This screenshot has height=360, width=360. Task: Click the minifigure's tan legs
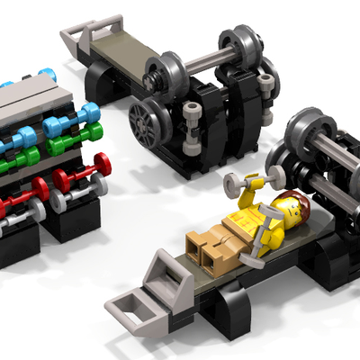(209, 249)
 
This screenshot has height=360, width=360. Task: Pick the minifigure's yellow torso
(256, 224)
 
